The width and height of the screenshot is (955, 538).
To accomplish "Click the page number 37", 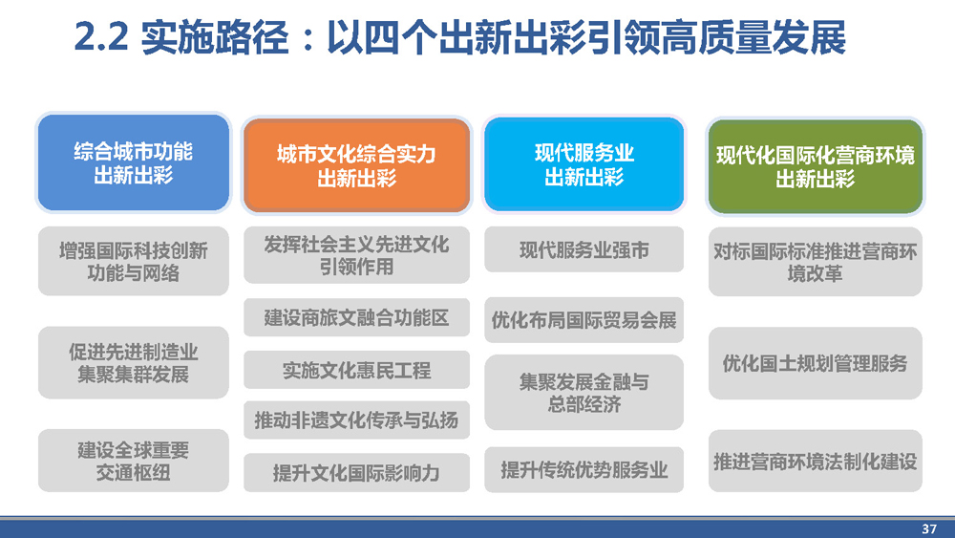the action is coord(929,528).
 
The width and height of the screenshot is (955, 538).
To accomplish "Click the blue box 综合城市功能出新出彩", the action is coord(134,162).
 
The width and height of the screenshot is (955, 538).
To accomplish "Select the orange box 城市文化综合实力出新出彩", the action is coord(357,165).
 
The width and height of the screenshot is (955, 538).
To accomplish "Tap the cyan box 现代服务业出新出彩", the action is coord(584,164).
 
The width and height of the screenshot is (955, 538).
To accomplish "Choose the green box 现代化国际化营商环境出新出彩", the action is coord(815,166).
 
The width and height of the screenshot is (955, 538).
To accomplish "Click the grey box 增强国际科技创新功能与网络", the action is coord(134,262).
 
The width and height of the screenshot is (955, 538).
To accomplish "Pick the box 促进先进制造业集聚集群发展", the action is coord(134,362).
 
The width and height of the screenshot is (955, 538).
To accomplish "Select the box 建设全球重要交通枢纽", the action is coord(134,461).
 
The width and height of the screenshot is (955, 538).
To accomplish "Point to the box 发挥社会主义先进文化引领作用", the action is coord(357,255).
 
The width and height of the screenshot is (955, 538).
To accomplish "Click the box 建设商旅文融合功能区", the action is coord(357,317).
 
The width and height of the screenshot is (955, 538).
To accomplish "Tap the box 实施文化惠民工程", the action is coord(357,370).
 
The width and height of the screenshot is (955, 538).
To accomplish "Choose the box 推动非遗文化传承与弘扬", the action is coord(357,420).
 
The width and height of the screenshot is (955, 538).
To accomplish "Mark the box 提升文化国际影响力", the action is coord(357,472).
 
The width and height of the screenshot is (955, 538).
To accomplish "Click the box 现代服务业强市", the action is coord(584,249).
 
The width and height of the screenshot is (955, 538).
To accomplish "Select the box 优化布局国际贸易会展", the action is coord(584,320).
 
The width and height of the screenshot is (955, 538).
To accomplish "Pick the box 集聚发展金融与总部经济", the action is coord(584,393).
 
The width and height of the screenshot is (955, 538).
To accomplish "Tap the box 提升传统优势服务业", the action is coord(584,470).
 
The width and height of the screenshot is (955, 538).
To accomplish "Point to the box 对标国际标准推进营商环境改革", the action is coord(816,262).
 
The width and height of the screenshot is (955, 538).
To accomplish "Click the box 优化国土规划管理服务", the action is coord(816,363).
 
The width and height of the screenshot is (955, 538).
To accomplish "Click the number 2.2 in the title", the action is coord(101,37).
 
